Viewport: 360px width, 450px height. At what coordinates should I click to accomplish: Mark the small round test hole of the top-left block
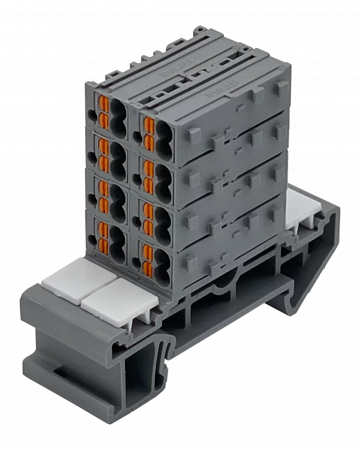click(91, 113)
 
